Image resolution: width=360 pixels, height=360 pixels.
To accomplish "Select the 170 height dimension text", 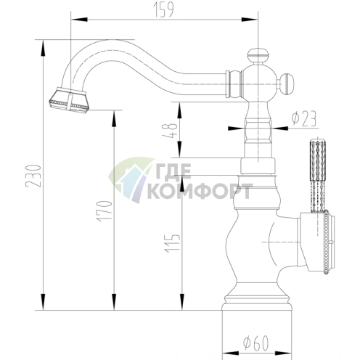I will tap(105, 210).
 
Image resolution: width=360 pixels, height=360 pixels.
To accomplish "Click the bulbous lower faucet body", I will tap(255, 243).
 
